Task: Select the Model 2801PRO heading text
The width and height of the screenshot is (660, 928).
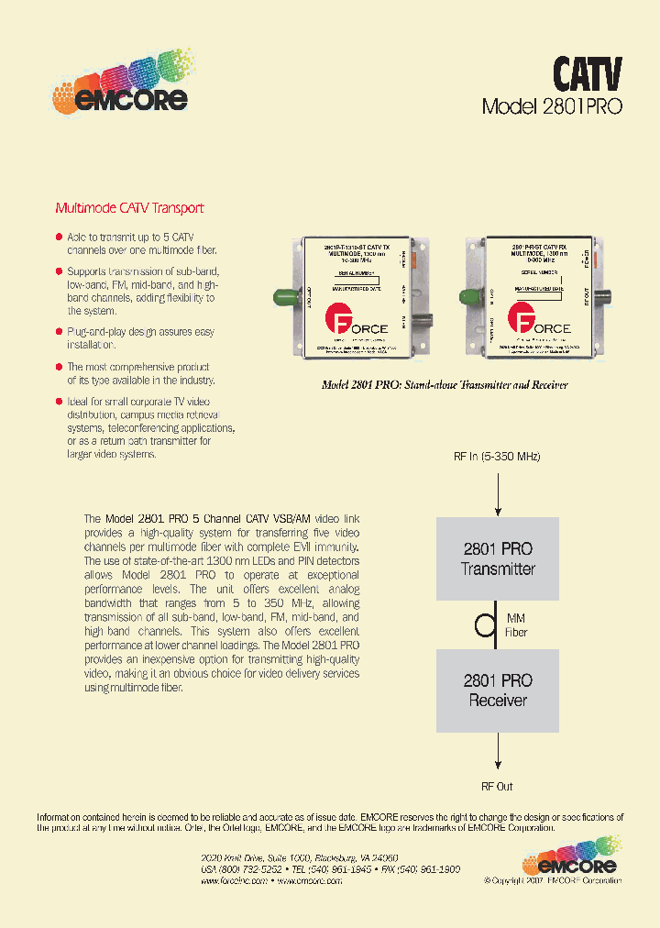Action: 552,105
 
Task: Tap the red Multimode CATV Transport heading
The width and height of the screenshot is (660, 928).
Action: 129,208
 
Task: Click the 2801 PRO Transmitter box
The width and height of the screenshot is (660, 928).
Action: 497,558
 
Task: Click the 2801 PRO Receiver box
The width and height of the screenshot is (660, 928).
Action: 497,690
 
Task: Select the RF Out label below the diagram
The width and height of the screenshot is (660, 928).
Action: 497,787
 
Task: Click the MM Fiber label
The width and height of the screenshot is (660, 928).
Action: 516,625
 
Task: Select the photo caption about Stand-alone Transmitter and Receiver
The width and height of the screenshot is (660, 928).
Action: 444,384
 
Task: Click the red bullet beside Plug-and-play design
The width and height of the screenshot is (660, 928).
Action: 60,332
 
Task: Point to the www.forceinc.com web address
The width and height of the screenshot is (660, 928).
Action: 234,880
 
